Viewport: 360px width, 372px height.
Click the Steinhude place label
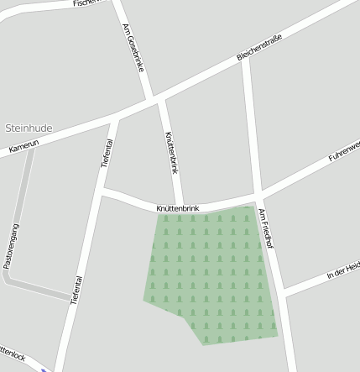(29, 128)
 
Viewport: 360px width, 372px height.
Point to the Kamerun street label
(24, 147)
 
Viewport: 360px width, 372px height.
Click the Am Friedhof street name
(268, 228)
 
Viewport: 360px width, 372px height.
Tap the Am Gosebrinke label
(134, 46)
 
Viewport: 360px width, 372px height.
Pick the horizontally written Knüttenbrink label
(177, 207)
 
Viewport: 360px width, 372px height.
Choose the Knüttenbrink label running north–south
(172, 152)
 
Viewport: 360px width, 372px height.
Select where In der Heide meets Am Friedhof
(283, 292)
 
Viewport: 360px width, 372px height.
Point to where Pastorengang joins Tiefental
(72, 297)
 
